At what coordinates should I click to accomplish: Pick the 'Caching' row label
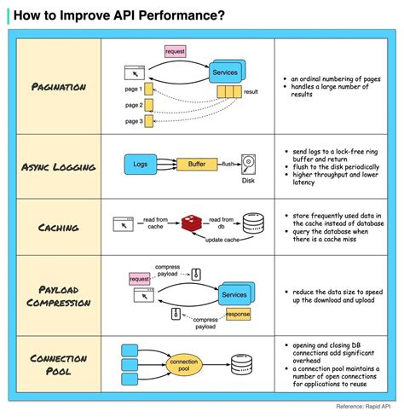pyautogui.click(x=57, y=227)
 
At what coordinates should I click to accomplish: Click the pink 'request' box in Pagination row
pyautogui.click(x=176, y=51)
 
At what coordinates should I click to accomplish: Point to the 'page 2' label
pyautogui.click(x=134, y=105)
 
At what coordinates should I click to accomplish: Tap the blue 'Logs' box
pyautogui.click(x=141, y=162)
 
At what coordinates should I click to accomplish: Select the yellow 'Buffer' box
pyautogui.click(x=197, y=162)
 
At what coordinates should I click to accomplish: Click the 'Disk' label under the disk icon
pyautogui.click(x=249, y=180)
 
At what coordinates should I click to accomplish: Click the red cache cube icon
pyautogui.click(x=193, y=224)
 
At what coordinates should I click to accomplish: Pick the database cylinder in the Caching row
pyautogui.click(x=251, y=224)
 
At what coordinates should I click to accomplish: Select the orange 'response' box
pyautogui.click(x=239, y=313)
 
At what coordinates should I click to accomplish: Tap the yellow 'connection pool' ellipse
pyautogui.click(x=184, y=365)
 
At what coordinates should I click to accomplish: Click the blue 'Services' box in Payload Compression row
pyautogui.click(x=233, y=293)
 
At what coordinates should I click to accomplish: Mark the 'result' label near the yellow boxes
pyautogui.click(x=251, y=90)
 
